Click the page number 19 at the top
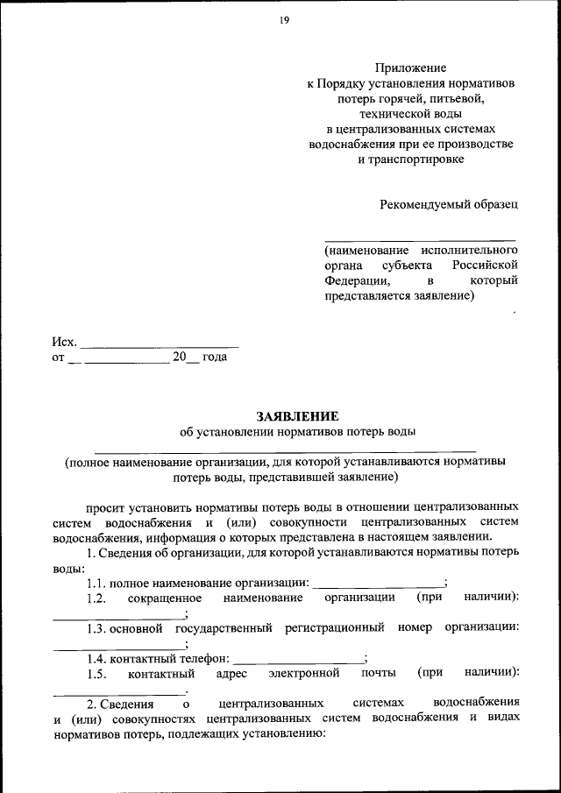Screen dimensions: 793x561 click(x=284, y=23)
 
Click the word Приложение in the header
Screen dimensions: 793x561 click(x=411, y=67)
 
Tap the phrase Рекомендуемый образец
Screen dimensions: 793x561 click(x=448, y=204)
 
